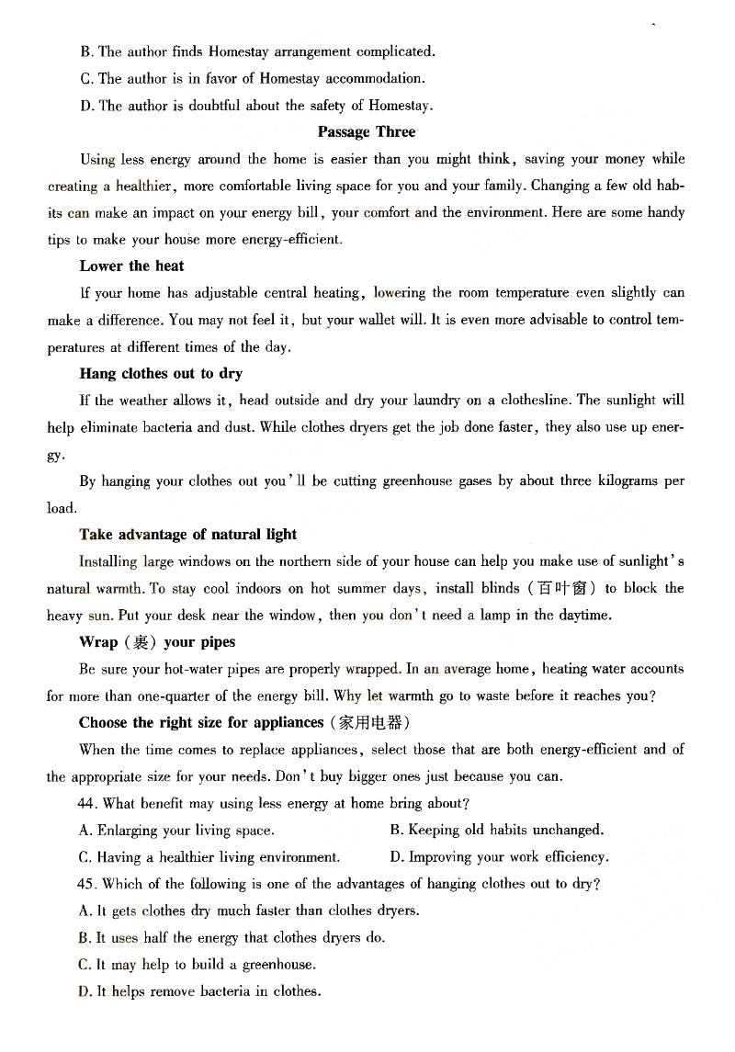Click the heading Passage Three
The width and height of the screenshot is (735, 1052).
click(x=367, y=132)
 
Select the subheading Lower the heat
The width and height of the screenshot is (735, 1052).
click(x=131, y=266)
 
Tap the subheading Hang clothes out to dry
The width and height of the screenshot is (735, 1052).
click(x=161, y=374)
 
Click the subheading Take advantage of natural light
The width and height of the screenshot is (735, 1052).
click(x=187, y=535)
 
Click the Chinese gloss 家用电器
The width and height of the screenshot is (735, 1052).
click(x=367, y=723)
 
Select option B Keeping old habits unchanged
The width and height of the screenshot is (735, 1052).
click(x=496, y=831)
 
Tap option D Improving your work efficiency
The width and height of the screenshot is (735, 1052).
click(x=499, y=857)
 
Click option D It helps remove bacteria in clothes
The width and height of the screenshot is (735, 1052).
click(x=200, y=992)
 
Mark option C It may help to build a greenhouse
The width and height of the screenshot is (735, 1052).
click(x=198, y=965)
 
